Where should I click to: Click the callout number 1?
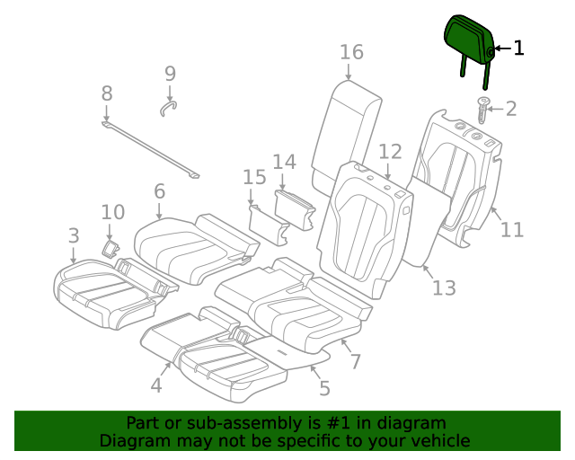coord(518,49)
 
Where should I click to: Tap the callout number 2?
coord(511,110)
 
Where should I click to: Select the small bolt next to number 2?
coord(483,111)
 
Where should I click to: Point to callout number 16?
coord(351,52)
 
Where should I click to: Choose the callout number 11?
coord(511,230)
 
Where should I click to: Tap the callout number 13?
coord(444,288)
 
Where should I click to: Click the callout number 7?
coord(356,361)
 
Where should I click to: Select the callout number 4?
coord(156,385)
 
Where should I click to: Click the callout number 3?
coord(74,236)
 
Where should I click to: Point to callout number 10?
coord(112,212)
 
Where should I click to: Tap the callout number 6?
coord(159,190)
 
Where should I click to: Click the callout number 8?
coord(107,93)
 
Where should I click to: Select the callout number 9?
coord(170,75)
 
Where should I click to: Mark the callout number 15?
coord(254,178)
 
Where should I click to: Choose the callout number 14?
coord(284,162)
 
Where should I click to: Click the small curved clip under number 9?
coord(168,109)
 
